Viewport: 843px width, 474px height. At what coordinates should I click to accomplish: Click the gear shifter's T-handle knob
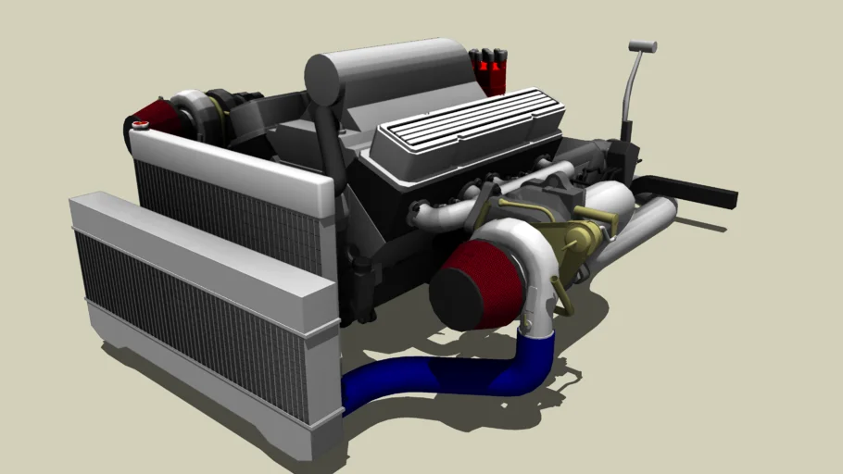pos(642,45)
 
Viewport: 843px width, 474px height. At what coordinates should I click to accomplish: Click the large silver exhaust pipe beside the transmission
pos(639,227)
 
